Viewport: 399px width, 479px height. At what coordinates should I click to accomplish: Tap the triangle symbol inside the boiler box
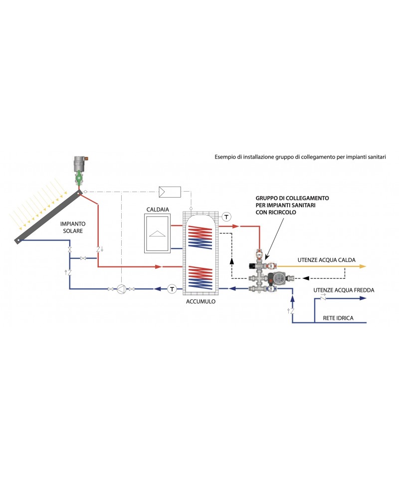(x=158, y=233)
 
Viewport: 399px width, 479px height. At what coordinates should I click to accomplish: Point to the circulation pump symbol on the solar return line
(x=121, y=289)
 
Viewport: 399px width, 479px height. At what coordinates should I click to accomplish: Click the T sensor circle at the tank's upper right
(x=226, y=217)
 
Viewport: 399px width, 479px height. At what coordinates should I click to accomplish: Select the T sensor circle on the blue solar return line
(x=172, y=289)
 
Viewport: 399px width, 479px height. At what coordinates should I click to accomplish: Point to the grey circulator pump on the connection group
(x=277, y=277)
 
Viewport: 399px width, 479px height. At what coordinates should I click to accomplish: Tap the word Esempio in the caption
(x=226, y=157)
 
